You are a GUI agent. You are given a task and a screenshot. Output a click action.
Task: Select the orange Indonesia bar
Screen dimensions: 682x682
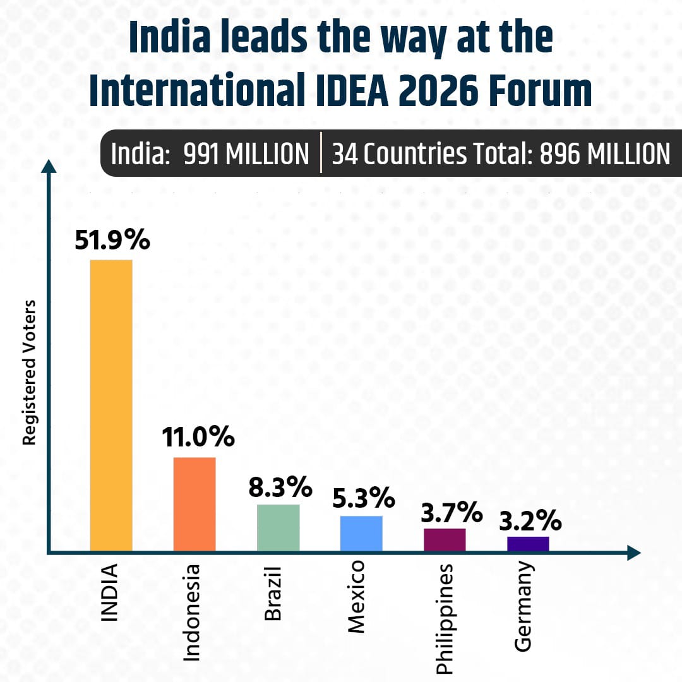pyautogui.click(x=194, y=504)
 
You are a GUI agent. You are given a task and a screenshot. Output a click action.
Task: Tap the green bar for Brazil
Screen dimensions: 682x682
pyautogui.click(x=278, y=528)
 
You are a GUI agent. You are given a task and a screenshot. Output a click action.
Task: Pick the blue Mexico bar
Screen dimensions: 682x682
pyautogui.click(x=361, y=534)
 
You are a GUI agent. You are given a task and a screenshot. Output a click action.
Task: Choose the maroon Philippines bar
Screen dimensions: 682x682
pyautogui.click(x=445, y=540)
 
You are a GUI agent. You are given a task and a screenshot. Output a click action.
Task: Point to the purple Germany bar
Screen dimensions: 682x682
pyautogui.click(x=528, y=544)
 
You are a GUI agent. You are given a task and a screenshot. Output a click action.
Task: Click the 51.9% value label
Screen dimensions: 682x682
pyautogui.click(x=112, y=240)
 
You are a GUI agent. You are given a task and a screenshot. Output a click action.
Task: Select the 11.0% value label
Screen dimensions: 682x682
pyautogui.click(x=197, y=437)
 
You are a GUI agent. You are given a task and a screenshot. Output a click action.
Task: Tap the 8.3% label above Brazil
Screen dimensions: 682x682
pyautogui.click(x=280, y=487)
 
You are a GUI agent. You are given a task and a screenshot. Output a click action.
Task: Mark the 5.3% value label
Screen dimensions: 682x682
pyautogui.click(x=363, y=500)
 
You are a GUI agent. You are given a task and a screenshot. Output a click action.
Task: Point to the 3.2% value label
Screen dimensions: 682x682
pyautogui.click(x=530, y=522)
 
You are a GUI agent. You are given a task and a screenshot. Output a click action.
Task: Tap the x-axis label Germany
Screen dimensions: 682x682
pyautogui.click(x=523, y=606)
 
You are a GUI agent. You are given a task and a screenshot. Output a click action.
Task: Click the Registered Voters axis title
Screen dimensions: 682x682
pyautogui.click(x=29, y=373)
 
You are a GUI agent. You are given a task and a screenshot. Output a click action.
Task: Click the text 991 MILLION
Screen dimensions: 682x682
pyautogui.click(x=246, y=154)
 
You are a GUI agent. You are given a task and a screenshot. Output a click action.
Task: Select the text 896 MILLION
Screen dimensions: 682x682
pyautogui.click(x=604, y=154)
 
